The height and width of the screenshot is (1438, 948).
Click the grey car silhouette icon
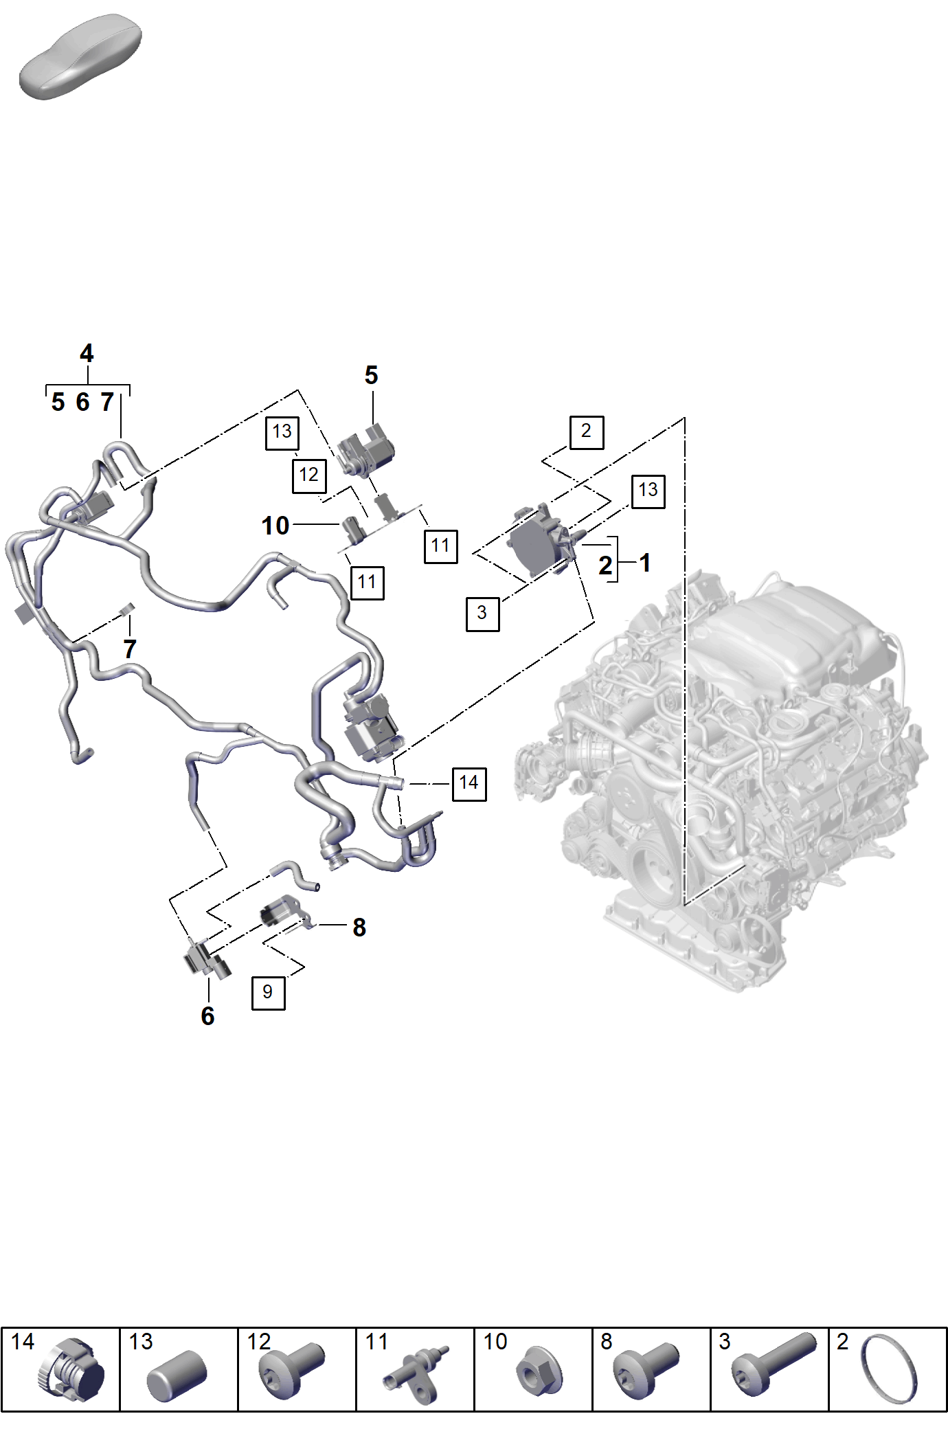tap(80, 56)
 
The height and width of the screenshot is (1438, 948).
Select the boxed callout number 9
tap(268, 992)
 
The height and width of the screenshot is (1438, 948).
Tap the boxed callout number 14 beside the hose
tap(469, 784)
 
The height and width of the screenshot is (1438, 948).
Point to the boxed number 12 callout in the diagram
tap(309, 475)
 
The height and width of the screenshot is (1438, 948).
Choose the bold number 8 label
tap(359, 928)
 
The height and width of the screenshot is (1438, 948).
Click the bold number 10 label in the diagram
tap(275, 526)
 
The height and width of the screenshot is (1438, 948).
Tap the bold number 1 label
tap(645, 563)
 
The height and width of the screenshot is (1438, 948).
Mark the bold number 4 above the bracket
tap(87, 353)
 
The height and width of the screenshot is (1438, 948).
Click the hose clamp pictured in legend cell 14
tap(70, 1371)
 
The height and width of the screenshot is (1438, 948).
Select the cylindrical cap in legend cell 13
tap(177, 1375)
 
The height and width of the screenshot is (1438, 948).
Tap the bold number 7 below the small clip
tap(130, 649)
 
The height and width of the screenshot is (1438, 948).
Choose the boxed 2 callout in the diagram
tap(587, 432)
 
